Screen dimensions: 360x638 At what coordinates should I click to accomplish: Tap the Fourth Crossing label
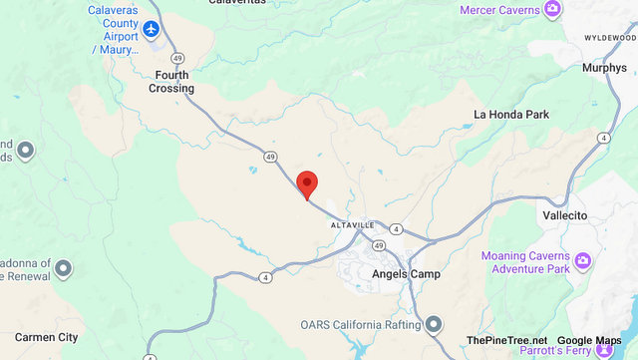(x=173, y=81)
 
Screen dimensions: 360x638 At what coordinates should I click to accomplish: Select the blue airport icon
(x=152, y=29)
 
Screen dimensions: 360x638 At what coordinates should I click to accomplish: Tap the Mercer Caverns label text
(x=500, y=10)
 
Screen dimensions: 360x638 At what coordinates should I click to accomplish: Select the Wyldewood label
(x=609, y=37)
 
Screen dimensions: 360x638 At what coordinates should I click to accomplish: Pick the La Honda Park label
(x=511, y=115)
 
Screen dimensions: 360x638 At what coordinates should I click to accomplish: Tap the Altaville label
(x=353, y=225)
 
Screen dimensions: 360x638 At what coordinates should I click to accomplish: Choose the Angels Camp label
(x=405, y=273)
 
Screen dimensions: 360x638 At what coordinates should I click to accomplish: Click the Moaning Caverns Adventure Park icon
(x=583, y=261)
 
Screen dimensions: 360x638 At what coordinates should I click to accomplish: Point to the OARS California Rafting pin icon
(x=433, y=325)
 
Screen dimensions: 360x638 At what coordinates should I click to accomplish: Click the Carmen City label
(x=40, y=337)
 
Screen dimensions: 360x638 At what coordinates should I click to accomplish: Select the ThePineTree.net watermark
(x=506, y=341)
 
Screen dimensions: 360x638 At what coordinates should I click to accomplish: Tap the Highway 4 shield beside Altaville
(x=396, y=229)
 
